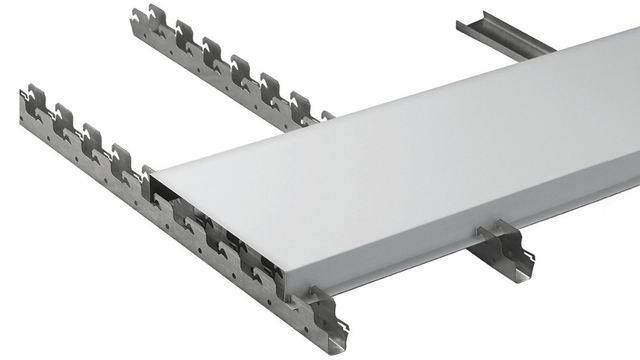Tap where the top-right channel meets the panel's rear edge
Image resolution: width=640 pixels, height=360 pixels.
(540, 49)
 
